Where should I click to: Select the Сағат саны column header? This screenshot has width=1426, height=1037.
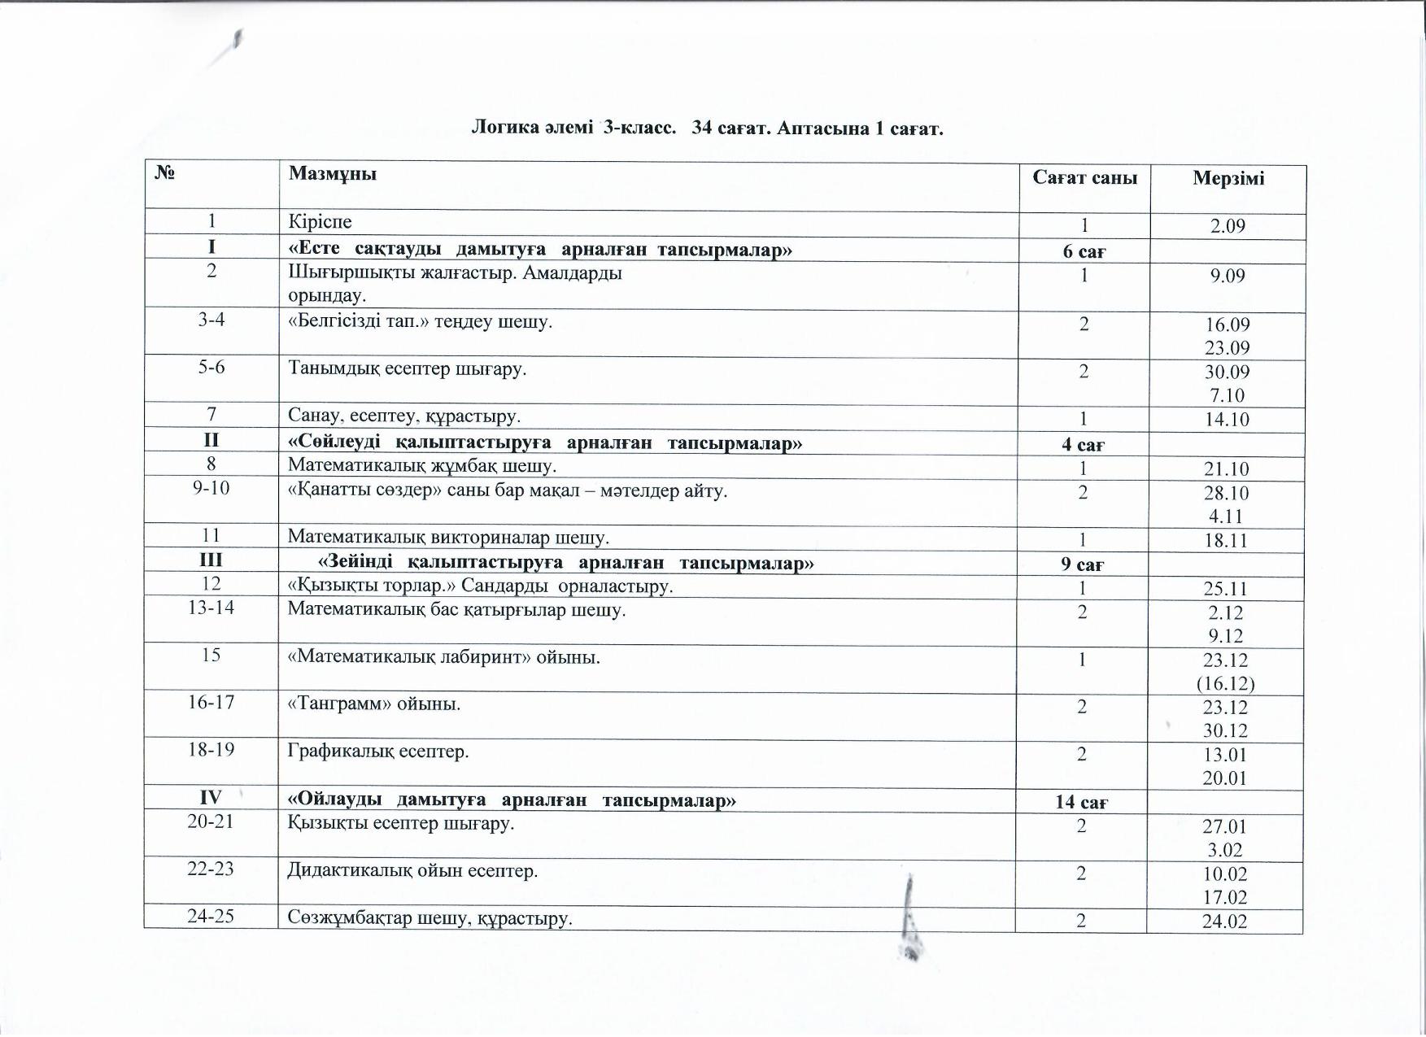(1084, 178)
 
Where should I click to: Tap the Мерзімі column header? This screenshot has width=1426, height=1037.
(1228, 179)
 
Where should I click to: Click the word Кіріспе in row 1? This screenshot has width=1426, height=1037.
(320, 221)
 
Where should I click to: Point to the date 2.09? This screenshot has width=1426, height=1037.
(1228, 226)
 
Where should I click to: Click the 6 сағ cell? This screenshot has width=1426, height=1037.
(1084, 251)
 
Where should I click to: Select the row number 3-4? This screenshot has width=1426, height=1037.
(212, 320)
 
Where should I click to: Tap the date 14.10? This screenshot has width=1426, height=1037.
(1227, 420)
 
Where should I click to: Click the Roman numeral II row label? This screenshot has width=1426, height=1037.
(212, 440)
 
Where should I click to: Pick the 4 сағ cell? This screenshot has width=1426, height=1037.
(1083, 445)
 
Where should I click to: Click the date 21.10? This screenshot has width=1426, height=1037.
(1227, 469)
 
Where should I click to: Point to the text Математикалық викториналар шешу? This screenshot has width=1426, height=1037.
(448, 538)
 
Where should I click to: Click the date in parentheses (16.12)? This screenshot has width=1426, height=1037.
(1225, 683)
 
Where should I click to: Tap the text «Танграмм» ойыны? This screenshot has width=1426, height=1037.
(374, 704)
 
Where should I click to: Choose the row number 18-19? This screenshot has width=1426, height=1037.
(211, 750)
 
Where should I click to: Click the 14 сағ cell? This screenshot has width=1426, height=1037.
(1081, 803)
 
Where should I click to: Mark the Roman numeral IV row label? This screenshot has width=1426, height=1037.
(211, 800)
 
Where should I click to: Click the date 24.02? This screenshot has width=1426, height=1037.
(1224, 921)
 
